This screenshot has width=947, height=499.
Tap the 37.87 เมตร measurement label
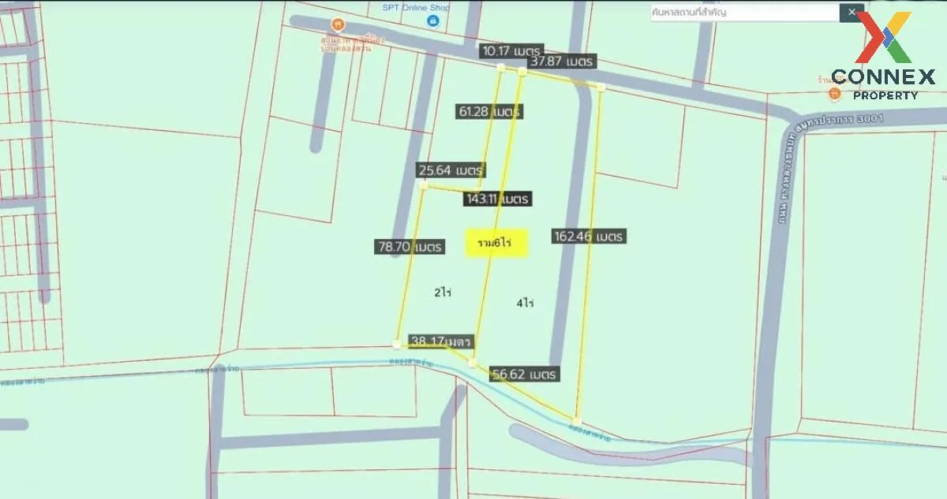[562, 61]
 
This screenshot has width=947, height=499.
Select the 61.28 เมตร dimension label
[489, 112]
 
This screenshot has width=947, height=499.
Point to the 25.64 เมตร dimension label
[451, 170]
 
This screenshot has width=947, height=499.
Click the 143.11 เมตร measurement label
[497, 199]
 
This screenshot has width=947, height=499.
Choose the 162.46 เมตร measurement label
[589, 236]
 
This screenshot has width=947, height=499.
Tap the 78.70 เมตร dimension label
[410, 247]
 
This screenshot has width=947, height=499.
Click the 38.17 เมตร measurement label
[440, 341]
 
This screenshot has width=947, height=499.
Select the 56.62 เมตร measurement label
[523, 374]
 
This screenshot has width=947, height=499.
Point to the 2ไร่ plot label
[442, 292]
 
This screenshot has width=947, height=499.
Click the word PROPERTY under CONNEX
[885, 95]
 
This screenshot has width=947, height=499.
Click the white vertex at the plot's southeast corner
[578, 420]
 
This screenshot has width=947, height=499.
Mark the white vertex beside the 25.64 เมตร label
[424, 186]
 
